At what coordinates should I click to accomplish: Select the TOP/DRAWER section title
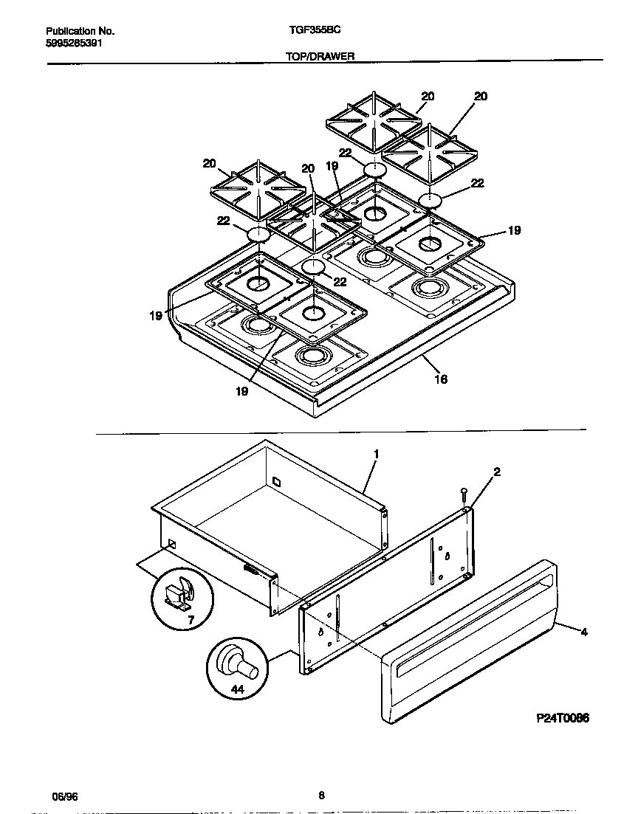(x=319, y=56)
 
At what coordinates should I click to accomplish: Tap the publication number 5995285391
(x=74, y=43)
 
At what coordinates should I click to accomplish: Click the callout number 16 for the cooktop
(x=441, y=379)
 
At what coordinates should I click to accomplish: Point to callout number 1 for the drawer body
(x=376, y=454)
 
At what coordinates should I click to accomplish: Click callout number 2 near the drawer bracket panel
(x=497, y=472)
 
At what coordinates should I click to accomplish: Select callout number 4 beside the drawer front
(x=583, y=632)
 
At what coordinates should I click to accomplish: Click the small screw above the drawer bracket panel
(x=463, y=492)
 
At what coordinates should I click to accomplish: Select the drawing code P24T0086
(x=562, y=717)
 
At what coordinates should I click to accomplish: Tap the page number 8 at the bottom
(x=321, y=796)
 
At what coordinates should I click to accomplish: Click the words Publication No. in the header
(x=80, y=31)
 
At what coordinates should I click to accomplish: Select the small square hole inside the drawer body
(x=277, y=482)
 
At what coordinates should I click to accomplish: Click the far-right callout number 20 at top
(x=481, y=96)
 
